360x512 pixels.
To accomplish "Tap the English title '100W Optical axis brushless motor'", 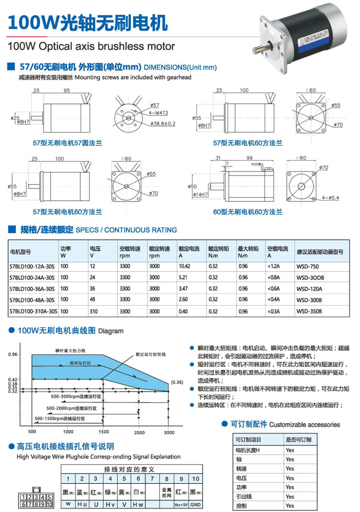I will [x=91, y=46].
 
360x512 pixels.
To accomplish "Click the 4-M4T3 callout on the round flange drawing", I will [x=158, y=113].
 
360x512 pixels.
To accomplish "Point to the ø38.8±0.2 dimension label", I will [x=163, y=123].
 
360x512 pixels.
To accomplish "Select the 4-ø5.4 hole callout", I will [x=330, y=198].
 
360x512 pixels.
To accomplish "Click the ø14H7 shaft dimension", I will [x=201, y=194].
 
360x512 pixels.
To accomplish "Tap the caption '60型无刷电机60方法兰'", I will [x=247, y=212].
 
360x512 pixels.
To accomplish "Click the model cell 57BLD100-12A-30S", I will [x=32, y=266].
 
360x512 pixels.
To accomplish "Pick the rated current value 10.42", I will [x=184, y=266].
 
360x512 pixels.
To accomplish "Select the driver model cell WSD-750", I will [x=307, y=267].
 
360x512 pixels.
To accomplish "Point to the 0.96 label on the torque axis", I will [x=13, y=354].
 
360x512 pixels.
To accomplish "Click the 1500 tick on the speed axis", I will [x=104, y=432].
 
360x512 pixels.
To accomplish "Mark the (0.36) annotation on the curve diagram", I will [x=177, y=382].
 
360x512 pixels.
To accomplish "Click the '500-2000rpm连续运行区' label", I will [x=71, y=408].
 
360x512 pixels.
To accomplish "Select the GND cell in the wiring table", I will [x=195, y=504].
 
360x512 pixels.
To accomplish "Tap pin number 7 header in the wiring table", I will [x=152, y=479].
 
